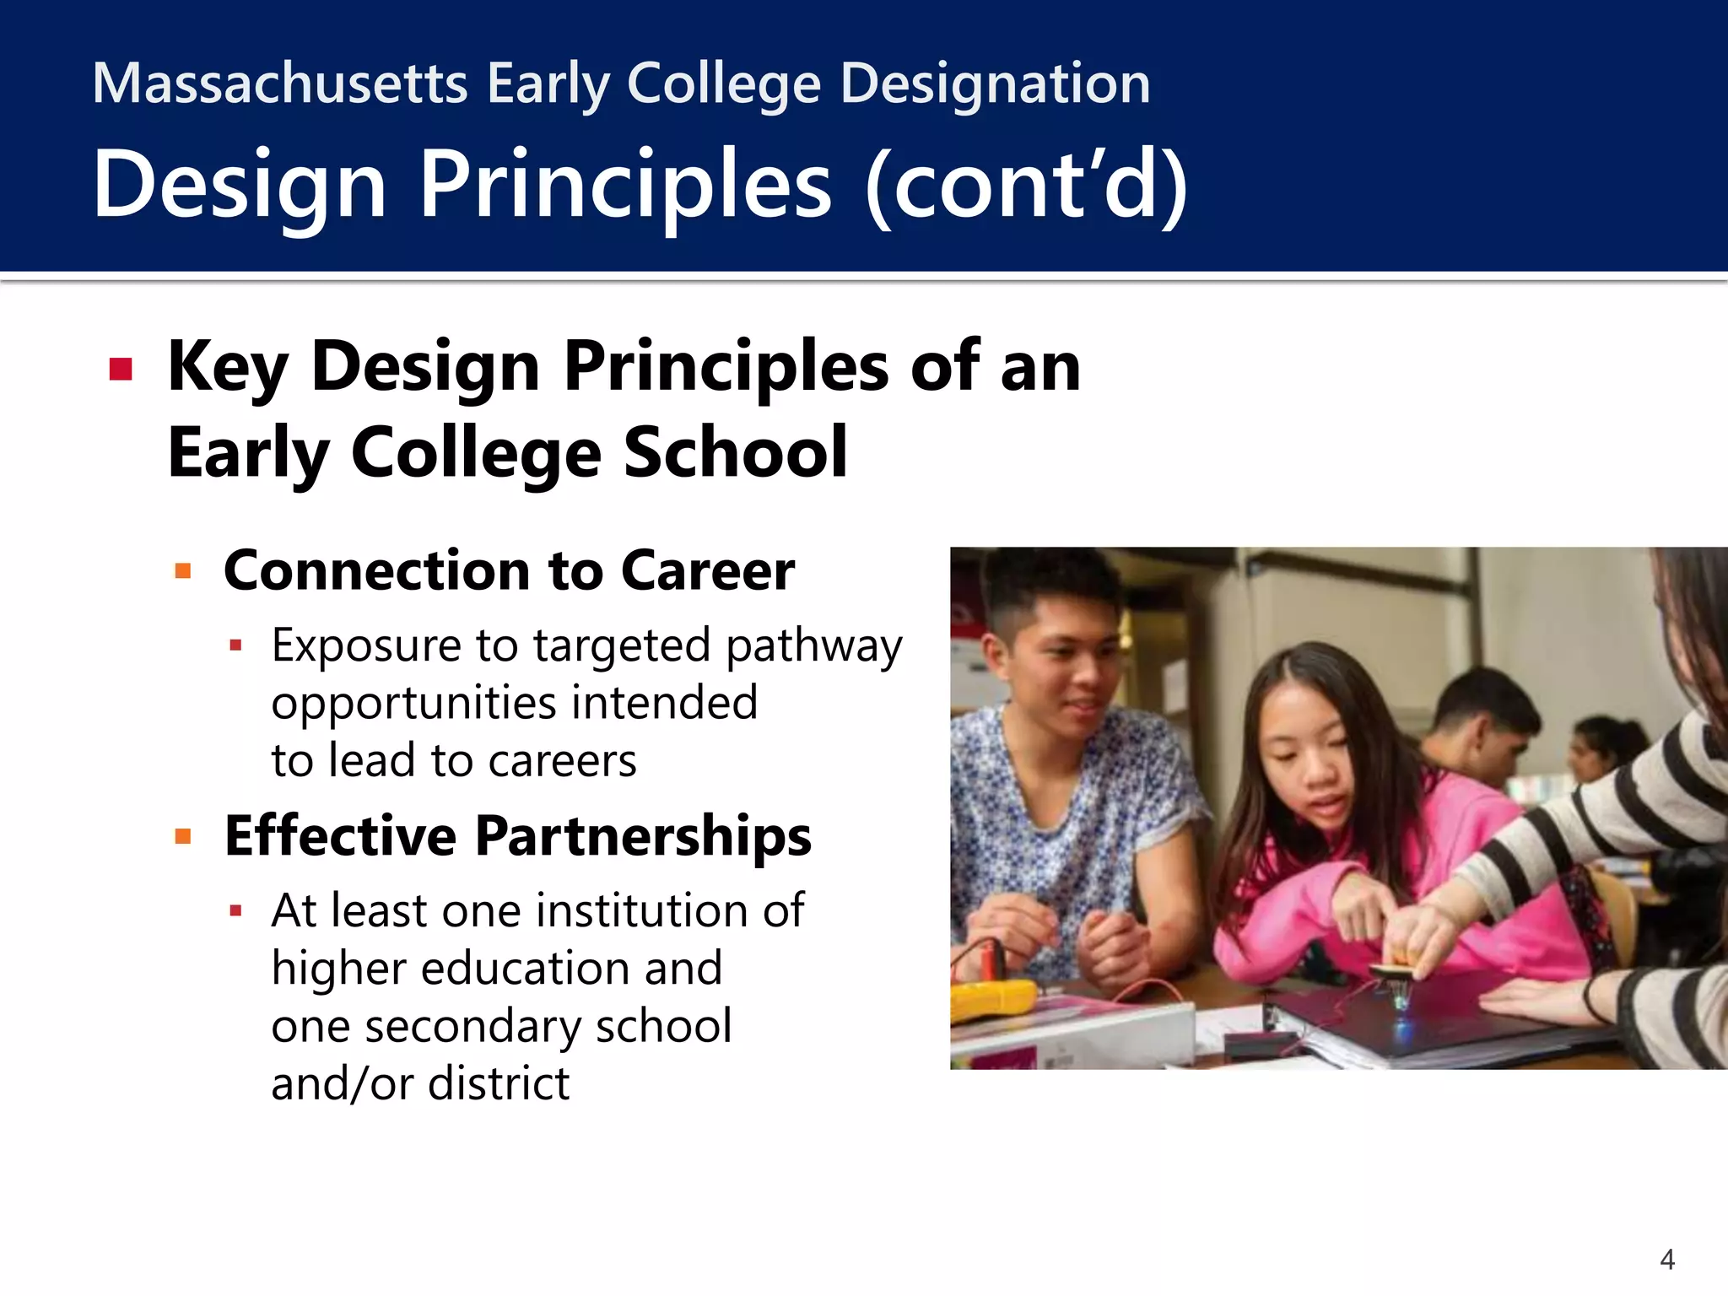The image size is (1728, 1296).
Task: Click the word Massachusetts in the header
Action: (279, 84)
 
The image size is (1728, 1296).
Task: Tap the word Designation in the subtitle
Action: (996, 84)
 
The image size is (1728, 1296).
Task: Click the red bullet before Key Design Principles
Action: (121, 370)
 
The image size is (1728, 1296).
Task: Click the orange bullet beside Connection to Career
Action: (183, 571)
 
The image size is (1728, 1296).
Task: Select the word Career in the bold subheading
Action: (708, 571)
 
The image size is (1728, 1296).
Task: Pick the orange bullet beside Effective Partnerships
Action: (183, 836)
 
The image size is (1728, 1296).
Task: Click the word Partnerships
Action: (643, 836)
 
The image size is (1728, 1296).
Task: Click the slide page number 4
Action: (1667, 1260)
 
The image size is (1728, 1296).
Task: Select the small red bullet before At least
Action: (235, 911)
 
